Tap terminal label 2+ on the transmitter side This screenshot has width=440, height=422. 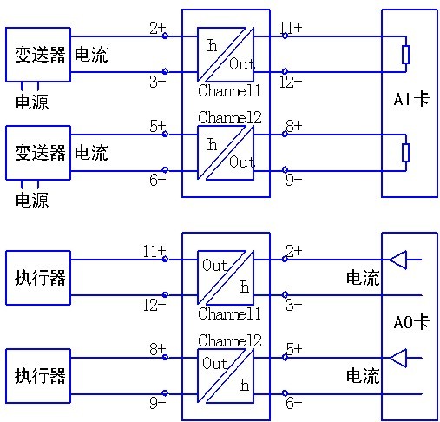157,29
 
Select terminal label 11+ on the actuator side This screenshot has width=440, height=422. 153,251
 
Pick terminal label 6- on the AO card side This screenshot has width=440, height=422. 293,403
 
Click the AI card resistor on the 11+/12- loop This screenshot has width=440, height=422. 405,55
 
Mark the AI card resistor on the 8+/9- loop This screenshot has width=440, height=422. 405,153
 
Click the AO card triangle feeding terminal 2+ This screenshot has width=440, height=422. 397,259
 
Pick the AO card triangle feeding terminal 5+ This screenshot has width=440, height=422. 397,357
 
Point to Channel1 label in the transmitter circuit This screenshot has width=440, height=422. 229,90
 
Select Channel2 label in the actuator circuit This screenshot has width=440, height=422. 229,340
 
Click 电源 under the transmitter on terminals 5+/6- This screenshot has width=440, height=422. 32,201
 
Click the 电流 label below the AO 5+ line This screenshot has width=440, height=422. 363,376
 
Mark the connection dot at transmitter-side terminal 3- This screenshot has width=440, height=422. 166,73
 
